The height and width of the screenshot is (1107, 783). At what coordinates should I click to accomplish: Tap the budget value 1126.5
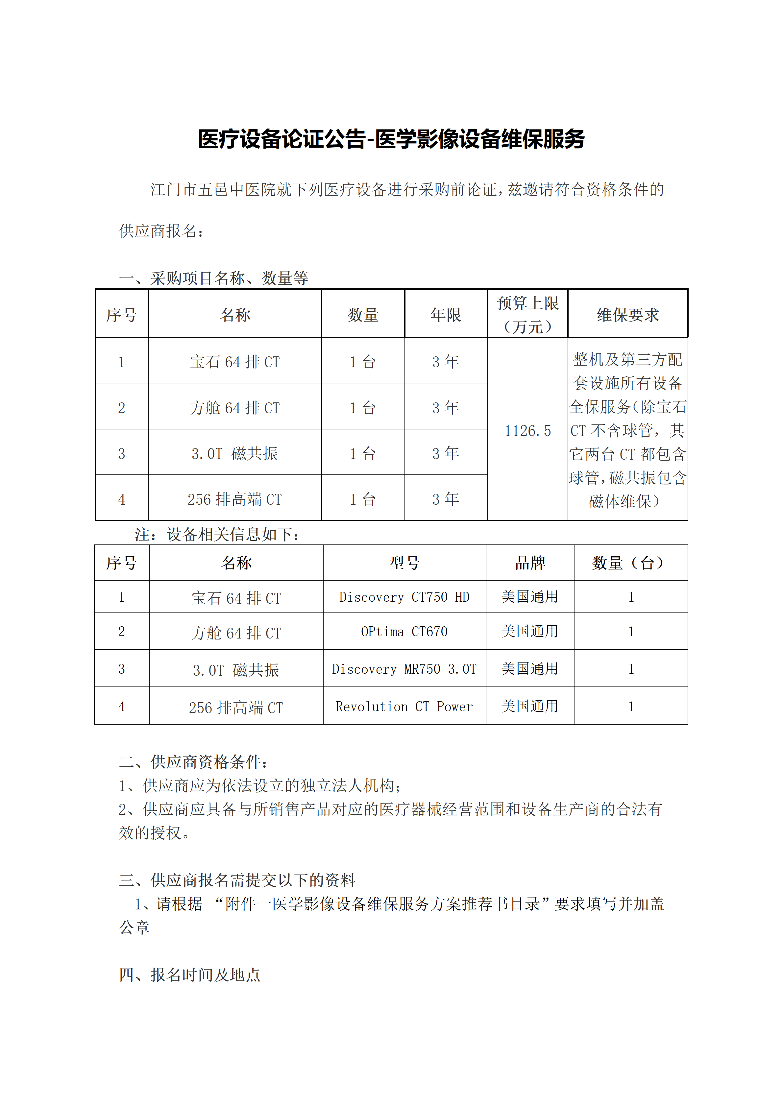[x=527, y=431]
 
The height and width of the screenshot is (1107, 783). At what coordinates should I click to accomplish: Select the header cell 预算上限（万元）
[x=527, y=314]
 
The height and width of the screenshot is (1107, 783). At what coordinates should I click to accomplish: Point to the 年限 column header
[x=446, y=315]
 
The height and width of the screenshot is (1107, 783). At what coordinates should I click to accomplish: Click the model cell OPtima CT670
[x=404, y=632]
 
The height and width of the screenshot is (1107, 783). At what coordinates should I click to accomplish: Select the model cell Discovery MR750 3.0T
[x=404, y=669]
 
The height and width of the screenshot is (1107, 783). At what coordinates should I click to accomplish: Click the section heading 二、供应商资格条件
[x=193, y=762]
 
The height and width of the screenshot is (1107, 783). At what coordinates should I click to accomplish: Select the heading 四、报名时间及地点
[x=189, y=975]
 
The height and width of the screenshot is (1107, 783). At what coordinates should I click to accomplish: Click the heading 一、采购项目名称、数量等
[x=213, y=278]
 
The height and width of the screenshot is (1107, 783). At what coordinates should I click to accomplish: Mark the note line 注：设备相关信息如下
[x=217, y=534]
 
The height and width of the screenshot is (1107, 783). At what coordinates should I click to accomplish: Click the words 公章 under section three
[x=134, y=927]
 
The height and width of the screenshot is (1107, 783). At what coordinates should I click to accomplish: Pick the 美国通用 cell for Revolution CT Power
[x=530, y=706]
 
